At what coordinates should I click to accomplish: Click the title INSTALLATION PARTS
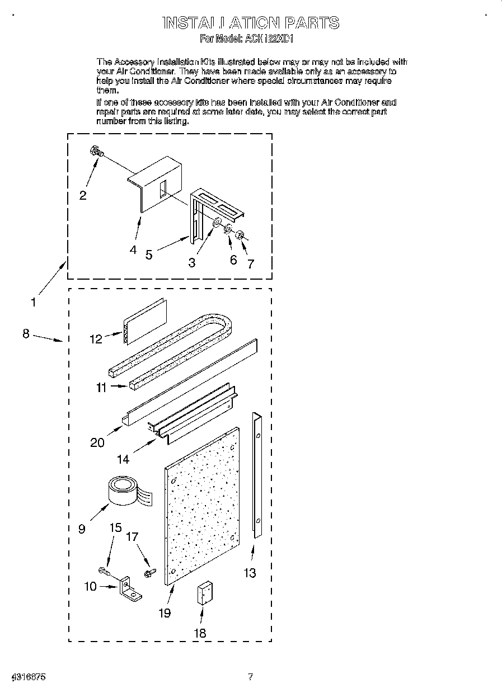(250, 23)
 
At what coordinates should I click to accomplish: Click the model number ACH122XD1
(270, 39)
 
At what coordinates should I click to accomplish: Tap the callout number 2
(83, 195)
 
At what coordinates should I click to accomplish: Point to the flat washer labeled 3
(215, 223)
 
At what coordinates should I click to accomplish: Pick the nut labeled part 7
(240, 234)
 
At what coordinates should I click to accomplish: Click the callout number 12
(96, 339)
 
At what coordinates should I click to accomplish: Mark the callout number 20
(97, 442)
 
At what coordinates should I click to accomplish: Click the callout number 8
(26, 333)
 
